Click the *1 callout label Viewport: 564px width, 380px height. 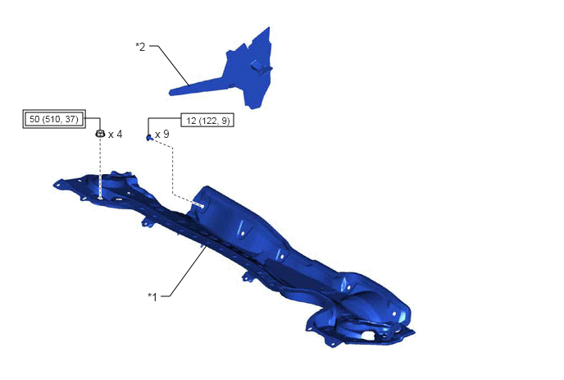[x=152, y=297]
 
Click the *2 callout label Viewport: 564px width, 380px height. [x=141, y=47]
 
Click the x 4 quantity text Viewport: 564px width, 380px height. [x=115, y=135]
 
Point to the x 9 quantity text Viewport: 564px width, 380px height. [x=161, y=134]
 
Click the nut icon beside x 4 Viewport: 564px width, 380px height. [x=100, y=133]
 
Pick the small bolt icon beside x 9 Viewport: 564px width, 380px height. [x=149, y=137]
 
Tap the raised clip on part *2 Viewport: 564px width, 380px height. [x=261, y=66]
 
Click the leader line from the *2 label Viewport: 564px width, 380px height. [x=170, y=65]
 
